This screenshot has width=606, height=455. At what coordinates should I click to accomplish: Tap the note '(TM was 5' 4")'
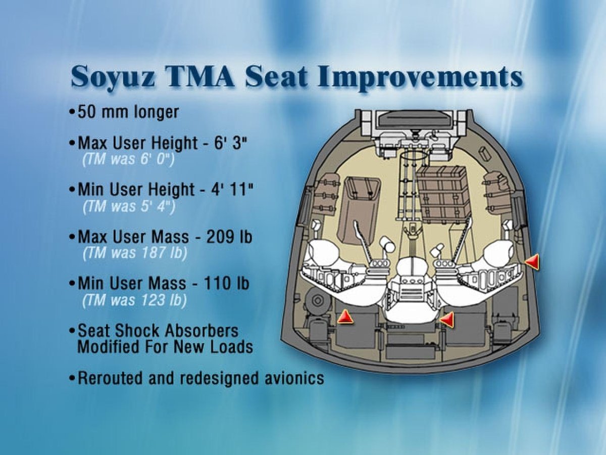coord(129,206)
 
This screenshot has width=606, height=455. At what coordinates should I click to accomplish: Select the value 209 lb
coord(229,237)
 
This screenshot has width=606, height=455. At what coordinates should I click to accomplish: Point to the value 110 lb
coord(226,283)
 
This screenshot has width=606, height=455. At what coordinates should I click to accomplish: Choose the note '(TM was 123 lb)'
coord(134,299)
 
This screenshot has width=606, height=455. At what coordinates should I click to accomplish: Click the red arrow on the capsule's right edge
coord(532,262)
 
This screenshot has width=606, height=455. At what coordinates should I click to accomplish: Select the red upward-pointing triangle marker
coord(345,317)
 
